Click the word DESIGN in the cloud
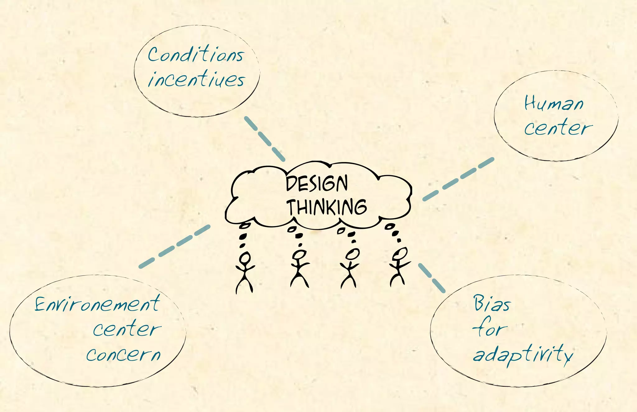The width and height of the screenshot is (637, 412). [316, 183]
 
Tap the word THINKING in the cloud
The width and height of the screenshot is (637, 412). [327, 207]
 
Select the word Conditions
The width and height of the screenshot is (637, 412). [196, 55]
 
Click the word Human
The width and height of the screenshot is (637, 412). [554, 104]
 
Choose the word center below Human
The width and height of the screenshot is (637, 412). [558, 128]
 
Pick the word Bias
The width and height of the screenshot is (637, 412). [492, 303]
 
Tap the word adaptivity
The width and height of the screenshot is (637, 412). [523, 354]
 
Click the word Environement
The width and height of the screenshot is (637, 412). [97, 304]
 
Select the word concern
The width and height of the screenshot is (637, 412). [123, 354]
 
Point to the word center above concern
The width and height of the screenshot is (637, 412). [127, 330]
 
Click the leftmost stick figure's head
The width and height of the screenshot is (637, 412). [245, 258]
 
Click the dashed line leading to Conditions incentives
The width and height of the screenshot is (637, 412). [264, 138]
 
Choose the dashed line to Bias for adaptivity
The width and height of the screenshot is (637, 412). [432, 278]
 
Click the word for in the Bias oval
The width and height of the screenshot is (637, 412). [490, 329]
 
